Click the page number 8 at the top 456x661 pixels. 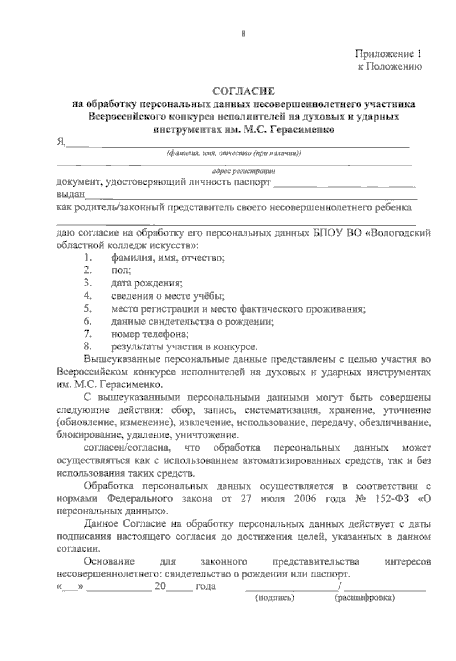click(x=243, y=34)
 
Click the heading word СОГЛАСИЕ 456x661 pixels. click(x=244, y=92)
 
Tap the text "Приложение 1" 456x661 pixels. click(x=388, y=54)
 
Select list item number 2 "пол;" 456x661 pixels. click(x=121, y=270)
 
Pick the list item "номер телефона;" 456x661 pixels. click(x=150, y=334)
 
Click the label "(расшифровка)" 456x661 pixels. click(x=365, y=598)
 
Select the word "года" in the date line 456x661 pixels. click(x=206, y=586)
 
